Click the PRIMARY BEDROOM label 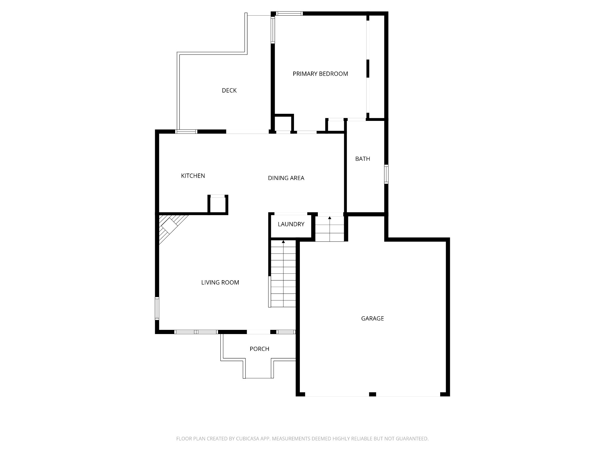320,74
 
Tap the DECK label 229,90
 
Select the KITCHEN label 193,176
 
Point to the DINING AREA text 286,178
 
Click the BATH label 362,159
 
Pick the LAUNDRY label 291,224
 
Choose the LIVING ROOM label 220,283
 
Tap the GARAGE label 373,318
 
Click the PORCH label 259,349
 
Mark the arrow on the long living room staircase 283,242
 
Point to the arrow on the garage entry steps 330,218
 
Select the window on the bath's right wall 386,174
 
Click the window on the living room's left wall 157,308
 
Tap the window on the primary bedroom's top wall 289,13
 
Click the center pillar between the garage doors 373,394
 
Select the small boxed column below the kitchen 218,204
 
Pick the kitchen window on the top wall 186,132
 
